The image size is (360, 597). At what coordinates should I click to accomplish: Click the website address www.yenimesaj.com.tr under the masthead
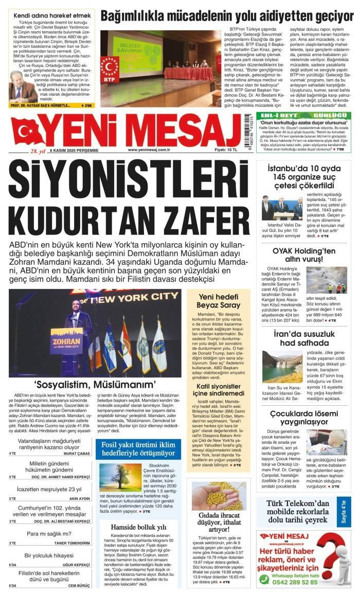[149, 150]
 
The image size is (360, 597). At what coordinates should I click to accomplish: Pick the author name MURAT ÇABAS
[77, 454]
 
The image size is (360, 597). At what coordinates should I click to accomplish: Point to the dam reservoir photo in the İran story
[282, 366]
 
